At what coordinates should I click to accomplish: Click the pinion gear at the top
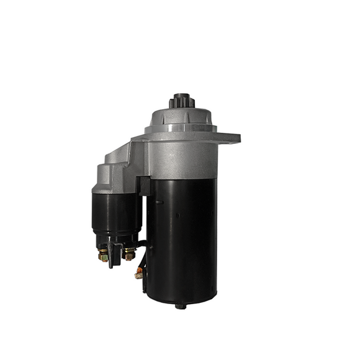(181, 101)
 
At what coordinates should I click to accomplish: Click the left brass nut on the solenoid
(103, 254)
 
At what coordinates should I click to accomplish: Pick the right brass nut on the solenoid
(129, 253)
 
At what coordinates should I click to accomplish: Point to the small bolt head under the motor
(181, 305)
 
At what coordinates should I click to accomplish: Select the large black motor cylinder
(183, 236)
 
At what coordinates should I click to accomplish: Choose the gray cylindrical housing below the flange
(183, 158)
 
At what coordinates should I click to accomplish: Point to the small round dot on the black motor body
(178, 215)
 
